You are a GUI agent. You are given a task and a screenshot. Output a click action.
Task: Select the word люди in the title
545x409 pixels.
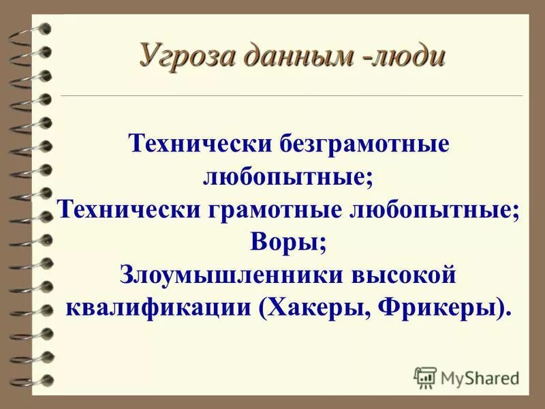409,55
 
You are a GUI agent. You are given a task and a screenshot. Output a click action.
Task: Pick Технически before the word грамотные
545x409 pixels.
127,209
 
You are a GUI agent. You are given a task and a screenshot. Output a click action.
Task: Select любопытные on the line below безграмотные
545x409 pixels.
289,177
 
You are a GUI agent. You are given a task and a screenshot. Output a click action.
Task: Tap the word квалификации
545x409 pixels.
160,307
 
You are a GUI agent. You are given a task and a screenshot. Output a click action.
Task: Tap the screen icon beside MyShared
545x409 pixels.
425,376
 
